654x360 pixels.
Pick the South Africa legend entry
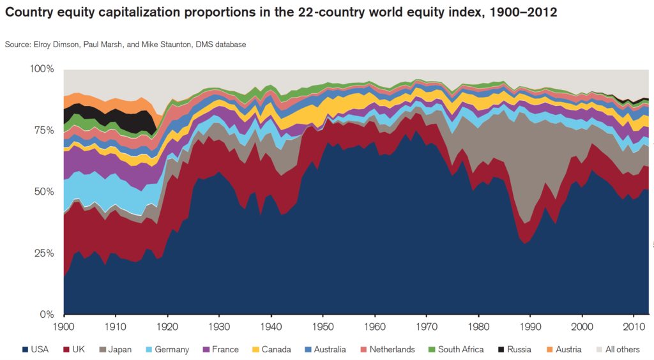tap(455, 349)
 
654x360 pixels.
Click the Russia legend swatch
tap(500, 349)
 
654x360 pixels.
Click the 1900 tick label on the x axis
tap(64, 327)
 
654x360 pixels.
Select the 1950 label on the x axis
tap(323, 327)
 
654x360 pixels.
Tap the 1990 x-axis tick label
tap(530, 327)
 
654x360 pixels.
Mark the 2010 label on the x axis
tap(634, 327)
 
